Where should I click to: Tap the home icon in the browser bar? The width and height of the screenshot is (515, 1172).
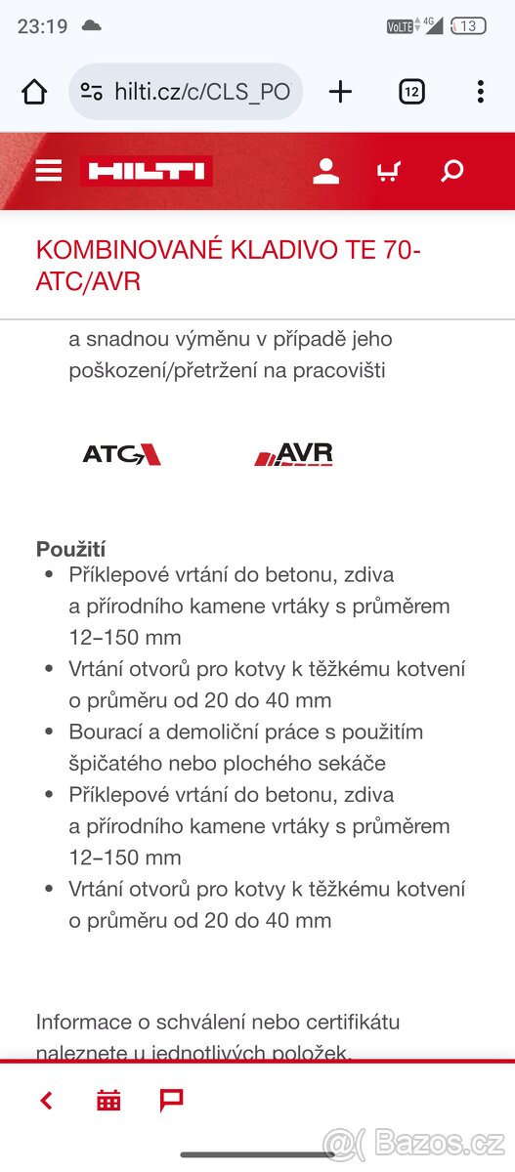click(34, 92)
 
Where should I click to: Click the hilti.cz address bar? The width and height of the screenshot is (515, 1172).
click(186, 92)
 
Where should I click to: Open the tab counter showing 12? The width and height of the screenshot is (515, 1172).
click(411, 92)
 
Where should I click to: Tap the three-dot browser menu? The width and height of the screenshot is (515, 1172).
click(480, 92)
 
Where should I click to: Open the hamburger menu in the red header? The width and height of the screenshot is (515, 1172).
click(48, 172)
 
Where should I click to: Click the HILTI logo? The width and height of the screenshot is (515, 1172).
click(147, 172)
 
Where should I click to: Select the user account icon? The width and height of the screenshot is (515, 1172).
click(325, 172)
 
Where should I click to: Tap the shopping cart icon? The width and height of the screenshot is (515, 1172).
click(388, 172)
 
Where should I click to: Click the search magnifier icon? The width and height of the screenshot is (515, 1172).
click(451, 172)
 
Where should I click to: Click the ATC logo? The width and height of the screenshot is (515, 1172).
click(121, 454)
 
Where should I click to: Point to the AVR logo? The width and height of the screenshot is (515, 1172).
click(294, 454)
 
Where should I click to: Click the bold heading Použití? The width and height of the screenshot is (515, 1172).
click(71, 549)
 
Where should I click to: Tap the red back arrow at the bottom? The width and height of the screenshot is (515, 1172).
click(46, 1101)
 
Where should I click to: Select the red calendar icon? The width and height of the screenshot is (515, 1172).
click(108, 1101)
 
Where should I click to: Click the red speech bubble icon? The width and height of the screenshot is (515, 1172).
click(171, 1101)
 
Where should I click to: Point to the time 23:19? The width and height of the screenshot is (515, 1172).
click(42, 26)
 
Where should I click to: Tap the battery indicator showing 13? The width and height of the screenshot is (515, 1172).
click(468, 26)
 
